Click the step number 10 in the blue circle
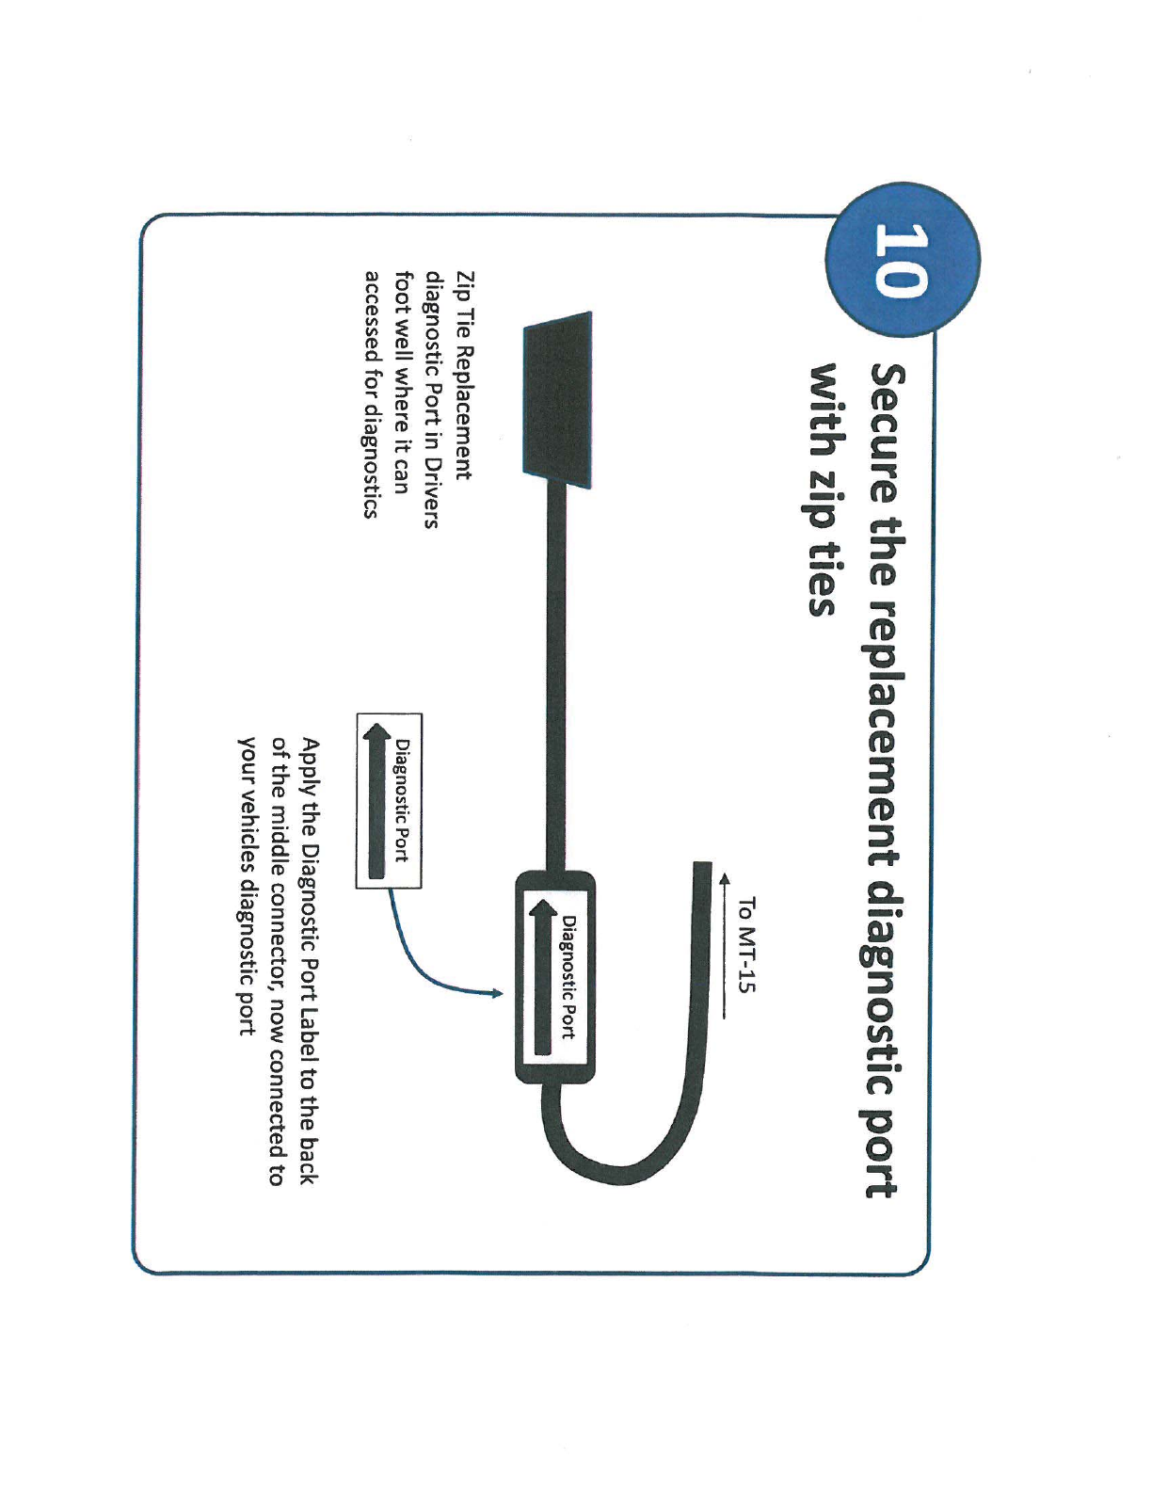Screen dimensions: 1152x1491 pyautogui.click(x=902, y=260)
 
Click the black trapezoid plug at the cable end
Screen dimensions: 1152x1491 pyautogui.click(x=557, y=401)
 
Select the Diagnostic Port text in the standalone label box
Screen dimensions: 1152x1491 pyautogui.click(x=402, y=800)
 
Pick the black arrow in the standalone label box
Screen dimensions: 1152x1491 pyautogui.click(x=376, y=800)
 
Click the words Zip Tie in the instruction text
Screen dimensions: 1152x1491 pyautogui.click(x=463, y=302)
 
